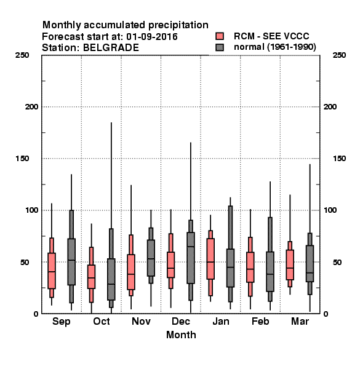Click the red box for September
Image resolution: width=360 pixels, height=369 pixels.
click(52, 271)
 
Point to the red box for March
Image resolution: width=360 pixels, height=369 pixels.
click(290, 264)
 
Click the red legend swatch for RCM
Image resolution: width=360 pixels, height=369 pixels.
click(220, 36)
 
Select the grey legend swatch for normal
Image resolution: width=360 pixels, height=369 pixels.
click(220, 47)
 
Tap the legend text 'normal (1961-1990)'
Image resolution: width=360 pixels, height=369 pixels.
click(274, 47)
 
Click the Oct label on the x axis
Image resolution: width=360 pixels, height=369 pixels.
click(102, 321)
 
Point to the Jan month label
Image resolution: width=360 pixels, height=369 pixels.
click(221, 321)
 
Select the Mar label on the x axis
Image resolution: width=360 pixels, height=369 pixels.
click(300, 321)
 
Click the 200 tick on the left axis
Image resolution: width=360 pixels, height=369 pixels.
click(31, 107)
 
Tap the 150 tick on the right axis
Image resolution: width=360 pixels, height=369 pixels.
click(339, 159)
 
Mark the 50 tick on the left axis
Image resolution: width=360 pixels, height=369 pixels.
click(25, 262)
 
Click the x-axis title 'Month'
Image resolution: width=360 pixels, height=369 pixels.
click(181, 335)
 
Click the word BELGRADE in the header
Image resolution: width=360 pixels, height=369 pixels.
click(111, 48)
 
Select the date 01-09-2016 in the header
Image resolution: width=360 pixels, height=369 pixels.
click(152, 37)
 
